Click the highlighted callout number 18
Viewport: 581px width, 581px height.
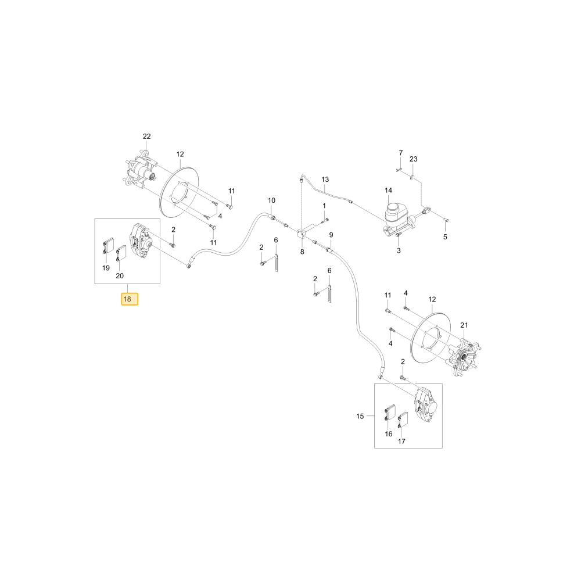tap(130, 299)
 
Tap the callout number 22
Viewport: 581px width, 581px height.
tap(147, 137)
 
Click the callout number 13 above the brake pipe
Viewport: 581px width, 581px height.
tap(325, 180)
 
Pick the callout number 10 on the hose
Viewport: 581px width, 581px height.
tap(271, 200)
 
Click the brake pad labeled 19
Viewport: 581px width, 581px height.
tap(108, 246)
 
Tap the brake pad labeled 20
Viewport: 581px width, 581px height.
tap(121, 253)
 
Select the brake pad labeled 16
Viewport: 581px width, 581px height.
tap(389, 412)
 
